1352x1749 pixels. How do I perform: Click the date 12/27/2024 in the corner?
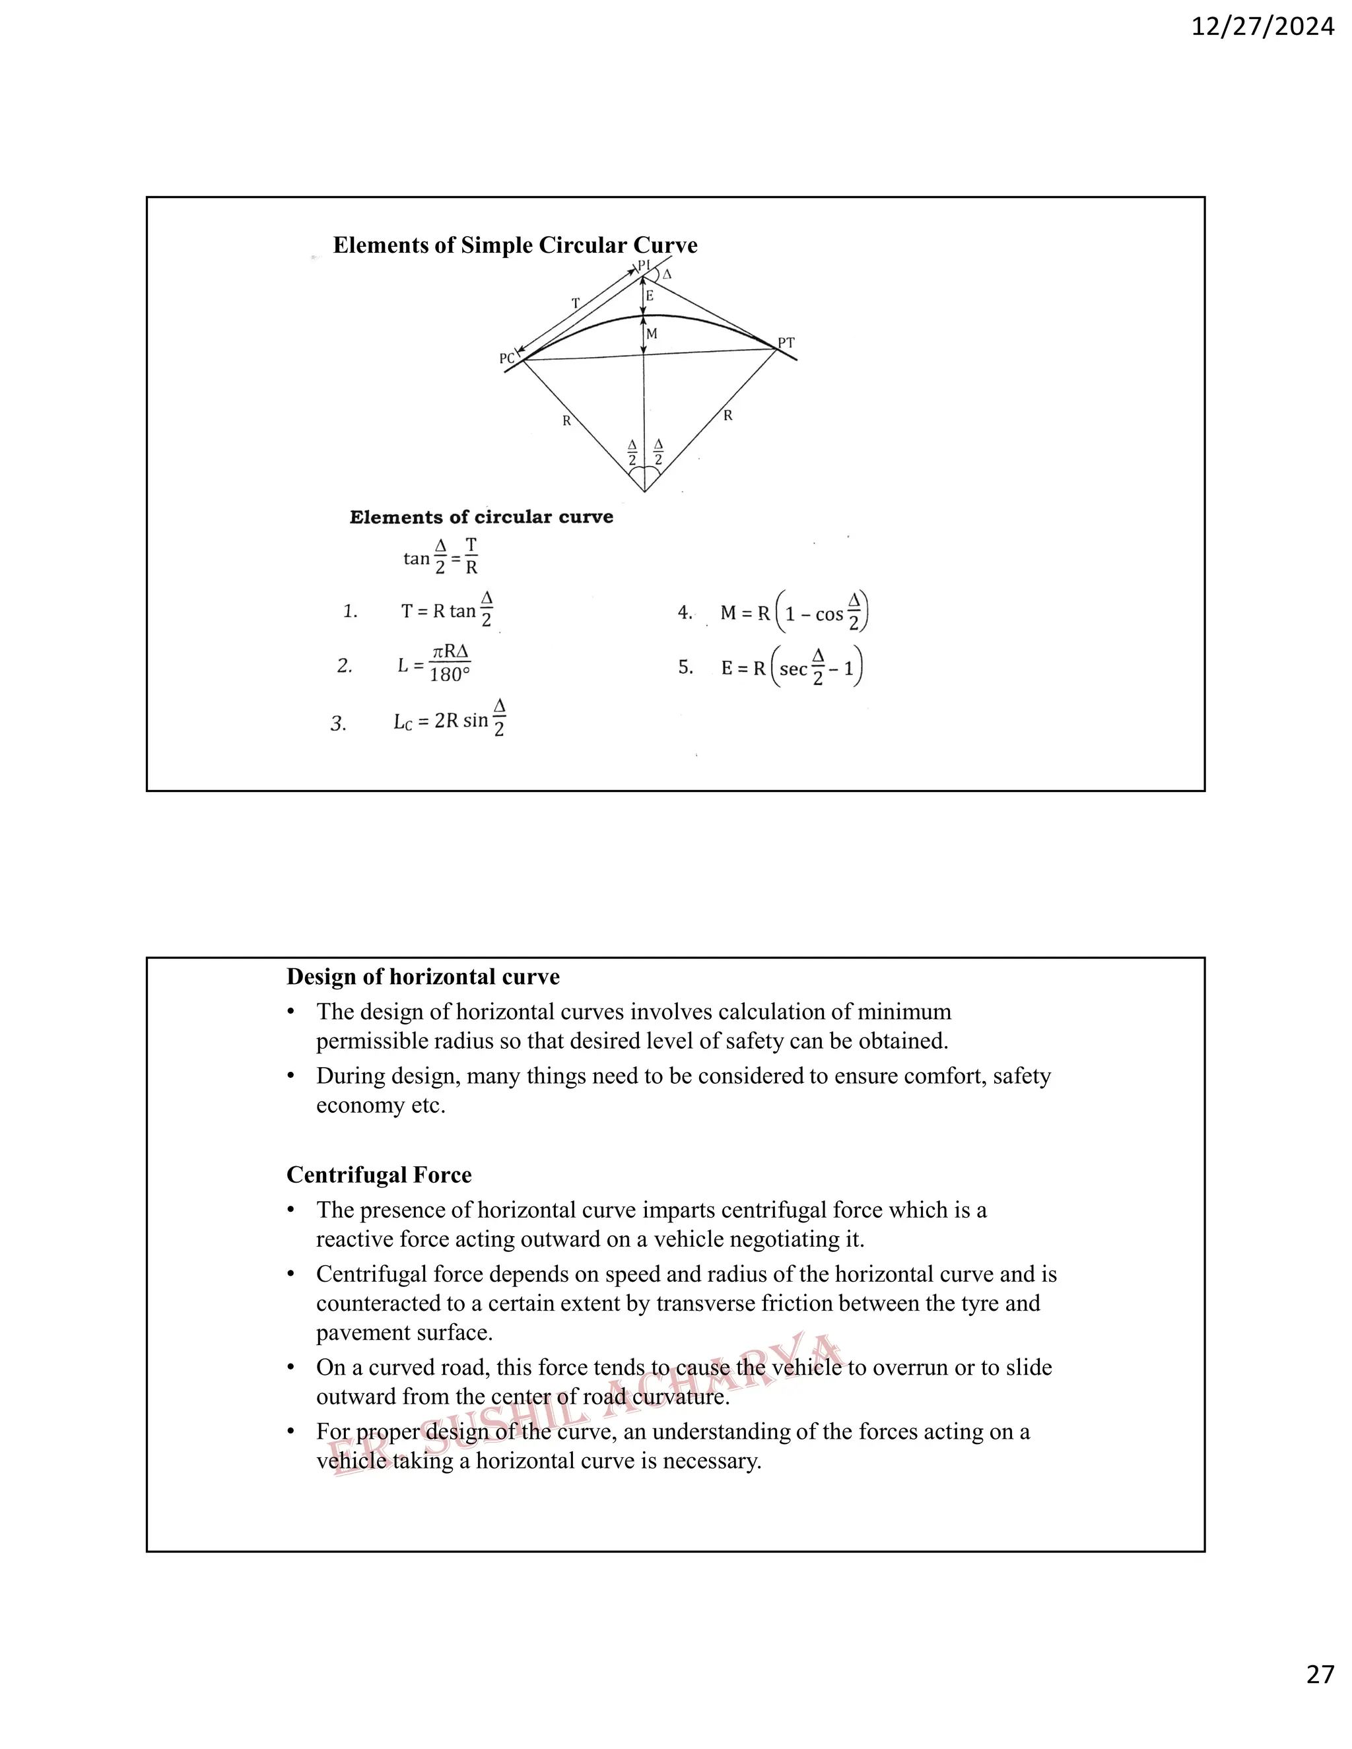tap(1262, 27)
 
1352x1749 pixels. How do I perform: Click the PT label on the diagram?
tap(786, 343)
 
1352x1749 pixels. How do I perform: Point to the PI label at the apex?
tap(644, 265)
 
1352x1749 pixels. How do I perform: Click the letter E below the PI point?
tap(650, 296)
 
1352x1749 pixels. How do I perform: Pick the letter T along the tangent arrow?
tap(575, 304)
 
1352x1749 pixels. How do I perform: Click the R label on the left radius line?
tap(566, 420)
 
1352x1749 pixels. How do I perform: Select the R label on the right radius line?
tap(727, 415)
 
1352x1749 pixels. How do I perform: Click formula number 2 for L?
tap(345, 665)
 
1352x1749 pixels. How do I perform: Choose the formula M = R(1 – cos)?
tap(793, 613)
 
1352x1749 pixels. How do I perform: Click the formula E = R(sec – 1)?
tap(792, 668)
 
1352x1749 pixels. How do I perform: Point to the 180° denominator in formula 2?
tap(450, 675)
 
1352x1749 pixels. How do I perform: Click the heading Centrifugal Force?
tap(379, 1175)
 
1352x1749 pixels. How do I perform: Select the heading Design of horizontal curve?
tap(423, 977)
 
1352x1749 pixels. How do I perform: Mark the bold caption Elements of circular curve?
tap(481, 517)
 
